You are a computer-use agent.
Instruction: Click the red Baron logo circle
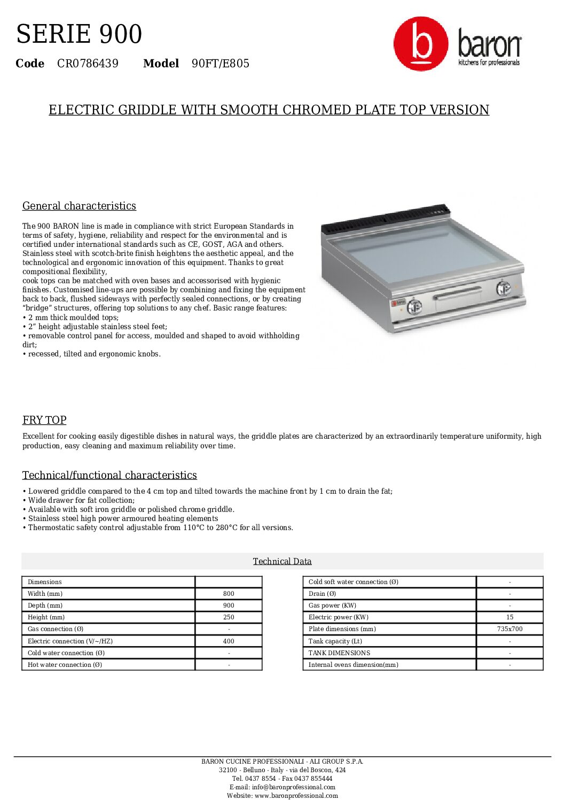coord(421,44)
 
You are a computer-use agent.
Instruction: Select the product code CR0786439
coord(88,64)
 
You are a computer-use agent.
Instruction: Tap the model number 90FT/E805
coord(221,64)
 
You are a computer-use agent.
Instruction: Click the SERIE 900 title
coord(79,34)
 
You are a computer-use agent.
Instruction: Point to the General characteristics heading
coord(79,206)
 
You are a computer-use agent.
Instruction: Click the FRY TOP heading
coord(44,420)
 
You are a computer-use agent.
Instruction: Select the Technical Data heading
coord(282,561)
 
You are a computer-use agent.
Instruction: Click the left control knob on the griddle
coord(414,307)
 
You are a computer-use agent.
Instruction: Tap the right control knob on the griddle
coord(503,288)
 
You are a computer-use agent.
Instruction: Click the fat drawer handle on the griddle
coord(458,293)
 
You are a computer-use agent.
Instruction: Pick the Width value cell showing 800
coord(229,594)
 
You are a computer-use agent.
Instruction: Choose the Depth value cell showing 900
coord(229,605)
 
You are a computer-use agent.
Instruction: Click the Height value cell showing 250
coord(229,617)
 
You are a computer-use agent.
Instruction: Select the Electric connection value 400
coord(229,641)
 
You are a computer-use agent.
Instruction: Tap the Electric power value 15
coord(509,617)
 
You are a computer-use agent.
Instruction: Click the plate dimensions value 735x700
coord(509,629)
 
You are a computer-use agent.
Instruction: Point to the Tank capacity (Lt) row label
coord(335,641)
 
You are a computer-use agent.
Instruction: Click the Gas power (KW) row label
coord(332,605)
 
